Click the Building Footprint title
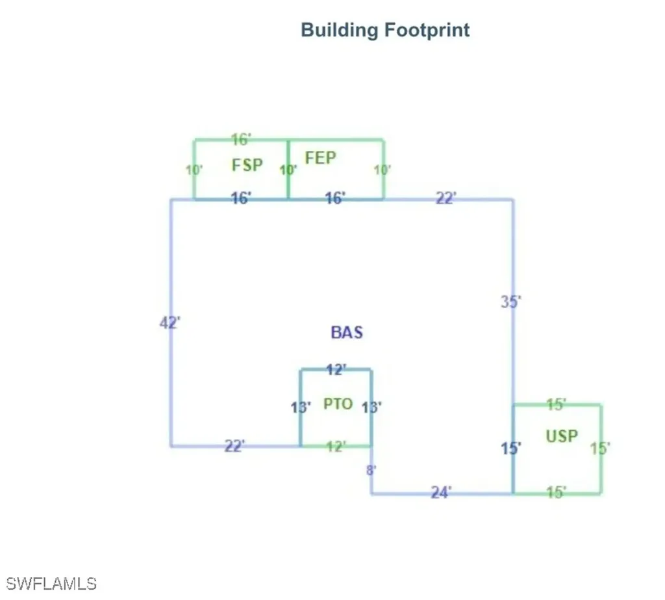point(385,30)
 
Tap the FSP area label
point(247,164)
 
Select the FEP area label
point(321,158)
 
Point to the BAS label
point(347,332)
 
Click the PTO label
point(338,404)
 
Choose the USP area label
point(562,436)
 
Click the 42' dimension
point(169,322)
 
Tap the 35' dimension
point(510,302)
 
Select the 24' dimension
point(441,492)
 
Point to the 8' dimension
point(371,470)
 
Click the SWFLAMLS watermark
point(51,584)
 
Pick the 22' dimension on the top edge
point(446,198)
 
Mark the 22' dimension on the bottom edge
point(234,446)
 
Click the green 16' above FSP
point(241,139)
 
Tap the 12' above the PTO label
point(336,369)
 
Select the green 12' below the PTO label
point(336,447)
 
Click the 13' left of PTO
point(300,408)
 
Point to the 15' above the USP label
point(556,404)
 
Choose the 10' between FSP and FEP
point(288,170)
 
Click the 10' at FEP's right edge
point(382,170)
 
